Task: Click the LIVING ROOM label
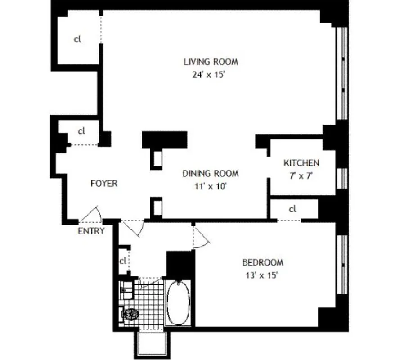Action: click(x=210, y=62)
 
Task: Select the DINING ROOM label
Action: click(x=210, y=174)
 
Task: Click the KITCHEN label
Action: click(x=301, y=163)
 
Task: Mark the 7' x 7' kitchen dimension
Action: click(x=301, y=176)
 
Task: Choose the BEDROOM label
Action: click(x=263, y=262)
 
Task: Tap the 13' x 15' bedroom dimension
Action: click(x=263, y=275)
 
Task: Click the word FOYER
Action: click(x=104, y=183)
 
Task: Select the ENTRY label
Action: click(x=91, y=231)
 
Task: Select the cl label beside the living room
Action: click(x=77, y=39)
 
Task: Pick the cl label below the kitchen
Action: click(x=293, y=209)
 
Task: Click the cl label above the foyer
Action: click(x=81, y=131)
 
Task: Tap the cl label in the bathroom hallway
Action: click(x=122, y=261)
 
